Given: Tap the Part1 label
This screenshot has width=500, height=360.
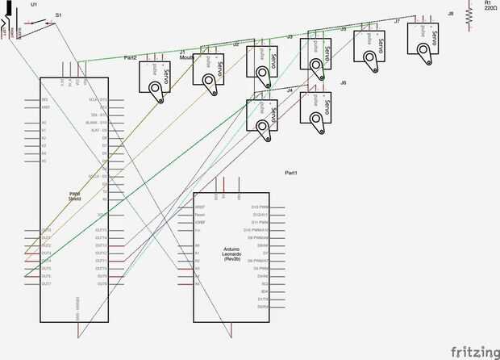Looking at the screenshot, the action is click(x=291, y=172).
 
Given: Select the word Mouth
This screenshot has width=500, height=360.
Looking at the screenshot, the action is click(x=185, y=58).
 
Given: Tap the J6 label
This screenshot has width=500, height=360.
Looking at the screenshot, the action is click(x=343, y=83).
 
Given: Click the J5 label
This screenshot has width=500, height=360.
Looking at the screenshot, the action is click(x=343, y=29).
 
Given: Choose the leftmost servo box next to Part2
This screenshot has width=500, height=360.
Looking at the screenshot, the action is click(x=157, y=79).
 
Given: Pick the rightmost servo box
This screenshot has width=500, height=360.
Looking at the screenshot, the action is click(x=424, y=36).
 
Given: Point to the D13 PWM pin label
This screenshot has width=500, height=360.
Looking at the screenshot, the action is click(x=260, y=207).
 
